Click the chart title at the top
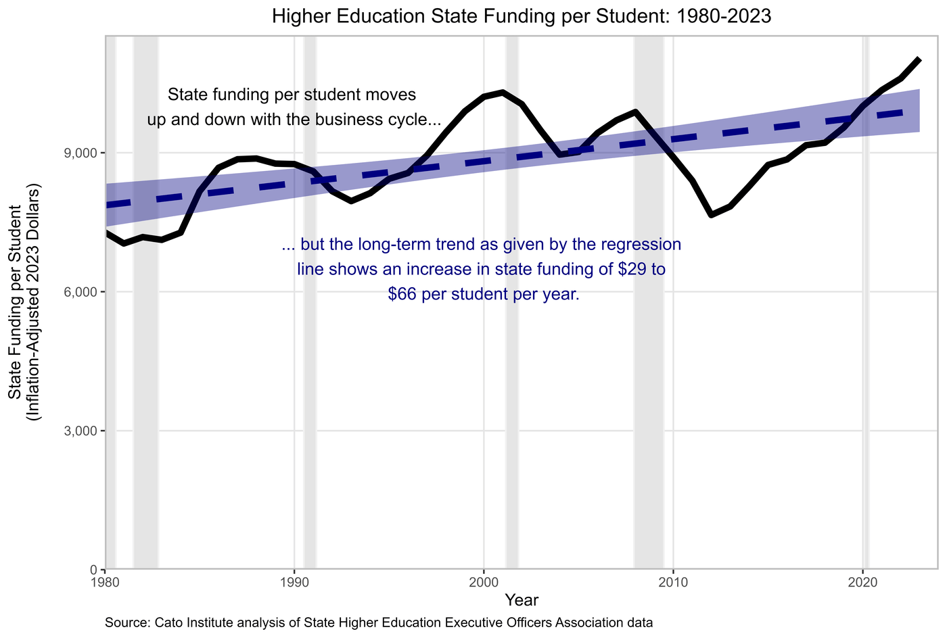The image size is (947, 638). [x=522, y=17]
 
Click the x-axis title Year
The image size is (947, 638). [x=522, y=599]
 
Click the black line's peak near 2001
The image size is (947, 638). [x=502, y=92]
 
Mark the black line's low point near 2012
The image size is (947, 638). [x=711, y=214]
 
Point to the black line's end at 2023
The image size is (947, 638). [x=919, y=59]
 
